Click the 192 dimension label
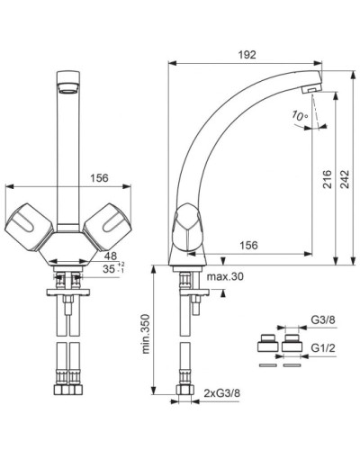point(247,55)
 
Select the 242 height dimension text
point(345,179)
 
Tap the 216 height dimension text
point(328,179)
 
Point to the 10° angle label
point(300,116)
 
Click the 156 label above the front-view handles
point(99,178)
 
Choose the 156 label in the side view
point(248,245)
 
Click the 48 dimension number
point(110,256)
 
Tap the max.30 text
point(225,276)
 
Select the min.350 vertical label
point(146,334)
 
